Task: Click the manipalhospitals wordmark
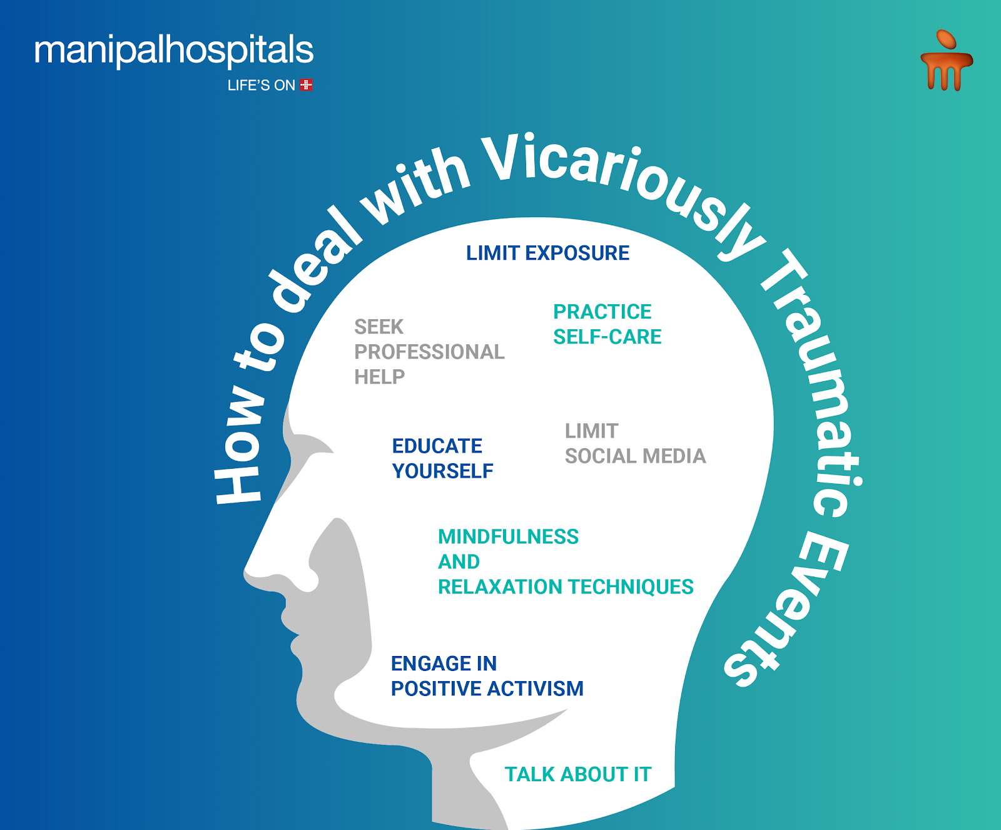point(174,51)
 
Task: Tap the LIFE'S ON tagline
point(261,85)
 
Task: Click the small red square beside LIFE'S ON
point(307,85)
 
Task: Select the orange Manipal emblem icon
point(946,61)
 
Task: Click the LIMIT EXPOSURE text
point(547,253)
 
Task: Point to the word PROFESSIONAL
point(429,352)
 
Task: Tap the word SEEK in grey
point(379,327)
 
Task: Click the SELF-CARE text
point(607,337)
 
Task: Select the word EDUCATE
point(437,446)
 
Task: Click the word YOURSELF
point(442,471)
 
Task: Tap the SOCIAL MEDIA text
point(635,456)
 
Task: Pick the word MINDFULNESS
point(508,536)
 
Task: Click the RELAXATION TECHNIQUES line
point(566,587)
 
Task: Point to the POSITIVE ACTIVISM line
point(487,689)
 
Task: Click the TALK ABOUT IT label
point(578,774)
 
